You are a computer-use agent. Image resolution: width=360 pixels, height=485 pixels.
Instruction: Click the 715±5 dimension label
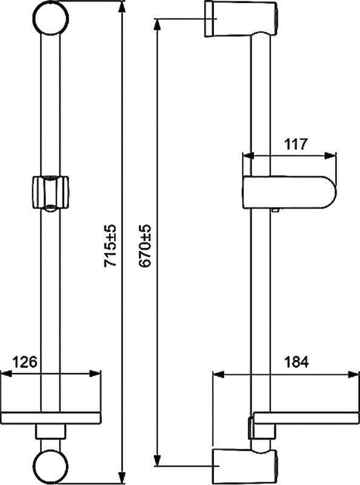coord(110,246)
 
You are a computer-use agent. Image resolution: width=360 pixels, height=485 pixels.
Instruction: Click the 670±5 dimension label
coord(145,246)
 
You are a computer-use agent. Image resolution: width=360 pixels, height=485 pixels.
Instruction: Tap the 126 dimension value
coord(25,361)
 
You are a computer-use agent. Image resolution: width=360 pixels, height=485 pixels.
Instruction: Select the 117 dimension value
coord(296,144)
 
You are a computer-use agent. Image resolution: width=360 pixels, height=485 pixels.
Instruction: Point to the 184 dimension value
coord(296,362)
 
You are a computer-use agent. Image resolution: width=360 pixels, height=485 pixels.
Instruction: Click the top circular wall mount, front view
coord(51,18)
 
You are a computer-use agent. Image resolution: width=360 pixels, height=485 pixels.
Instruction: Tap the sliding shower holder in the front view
coord(50,194)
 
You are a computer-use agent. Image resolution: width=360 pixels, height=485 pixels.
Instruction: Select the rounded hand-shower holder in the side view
coord(289,192)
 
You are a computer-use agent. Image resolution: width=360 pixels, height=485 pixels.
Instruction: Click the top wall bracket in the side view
coord(241,19)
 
